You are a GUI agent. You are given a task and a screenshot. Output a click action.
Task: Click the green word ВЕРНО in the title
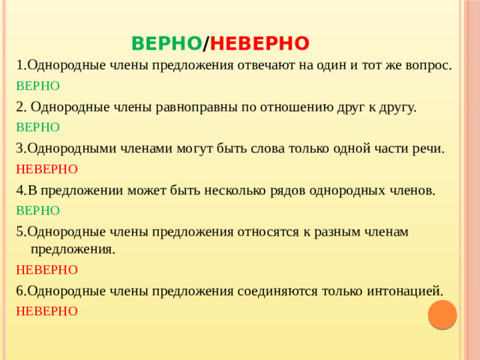[x=166, y=42]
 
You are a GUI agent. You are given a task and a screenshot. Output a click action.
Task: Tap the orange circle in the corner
[x=442, y=314]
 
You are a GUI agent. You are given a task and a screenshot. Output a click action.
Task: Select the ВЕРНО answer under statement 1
[x=37, y=85]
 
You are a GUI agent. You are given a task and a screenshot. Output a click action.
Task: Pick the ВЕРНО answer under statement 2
[x=37, y=127]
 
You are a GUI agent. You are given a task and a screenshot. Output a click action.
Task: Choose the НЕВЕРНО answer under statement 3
[x=46, y=169]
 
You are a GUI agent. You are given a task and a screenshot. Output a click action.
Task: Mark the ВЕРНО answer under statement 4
[x=37, y=211]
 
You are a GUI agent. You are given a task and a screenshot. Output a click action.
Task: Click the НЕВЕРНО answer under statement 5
[x=46, y=268]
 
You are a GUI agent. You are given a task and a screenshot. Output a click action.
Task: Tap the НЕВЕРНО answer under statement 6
[x=46, y=310]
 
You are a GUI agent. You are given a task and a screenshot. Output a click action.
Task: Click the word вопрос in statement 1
[x=427, y=65]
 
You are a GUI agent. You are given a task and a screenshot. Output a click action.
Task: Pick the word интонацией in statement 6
[x=397, y=289]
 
